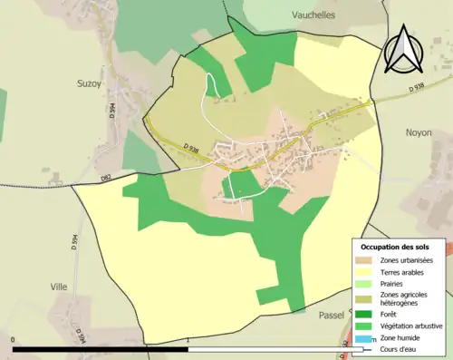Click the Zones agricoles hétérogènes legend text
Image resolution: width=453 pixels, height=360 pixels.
click(405, 298)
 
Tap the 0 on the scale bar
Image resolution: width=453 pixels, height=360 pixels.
click(14, 342)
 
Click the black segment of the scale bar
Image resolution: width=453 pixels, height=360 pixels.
click(100, 349)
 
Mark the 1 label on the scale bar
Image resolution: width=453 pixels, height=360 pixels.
click(187, 342)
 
